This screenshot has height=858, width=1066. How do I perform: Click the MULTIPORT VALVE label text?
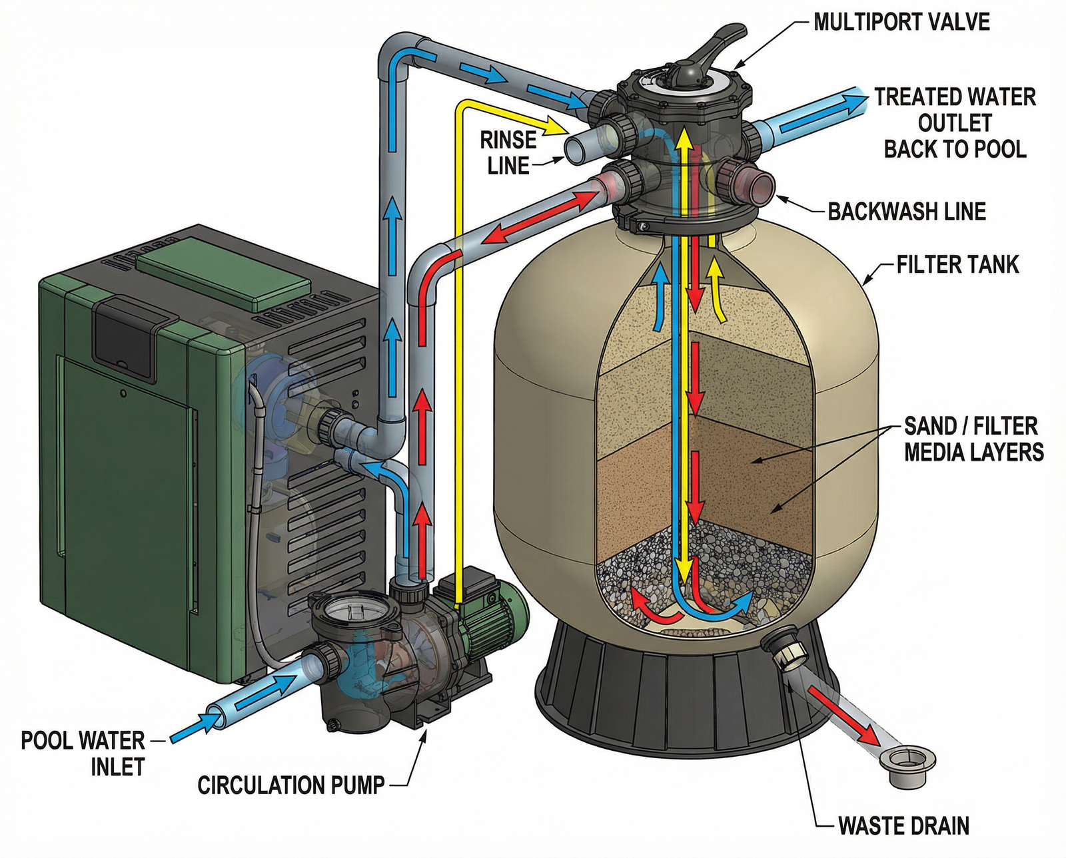click(x=901, y=22)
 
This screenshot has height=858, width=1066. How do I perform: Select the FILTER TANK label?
click(x=957, y=264)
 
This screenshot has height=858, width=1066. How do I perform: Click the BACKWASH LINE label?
click(x=907, y=212)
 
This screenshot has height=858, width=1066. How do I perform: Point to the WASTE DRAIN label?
click(x=903, y=826)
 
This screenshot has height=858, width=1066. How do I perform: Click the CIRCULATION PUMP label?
click(x=291, y=785)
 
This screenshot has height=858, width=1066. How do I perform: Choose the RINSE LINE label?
click(x=508, y=152)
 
